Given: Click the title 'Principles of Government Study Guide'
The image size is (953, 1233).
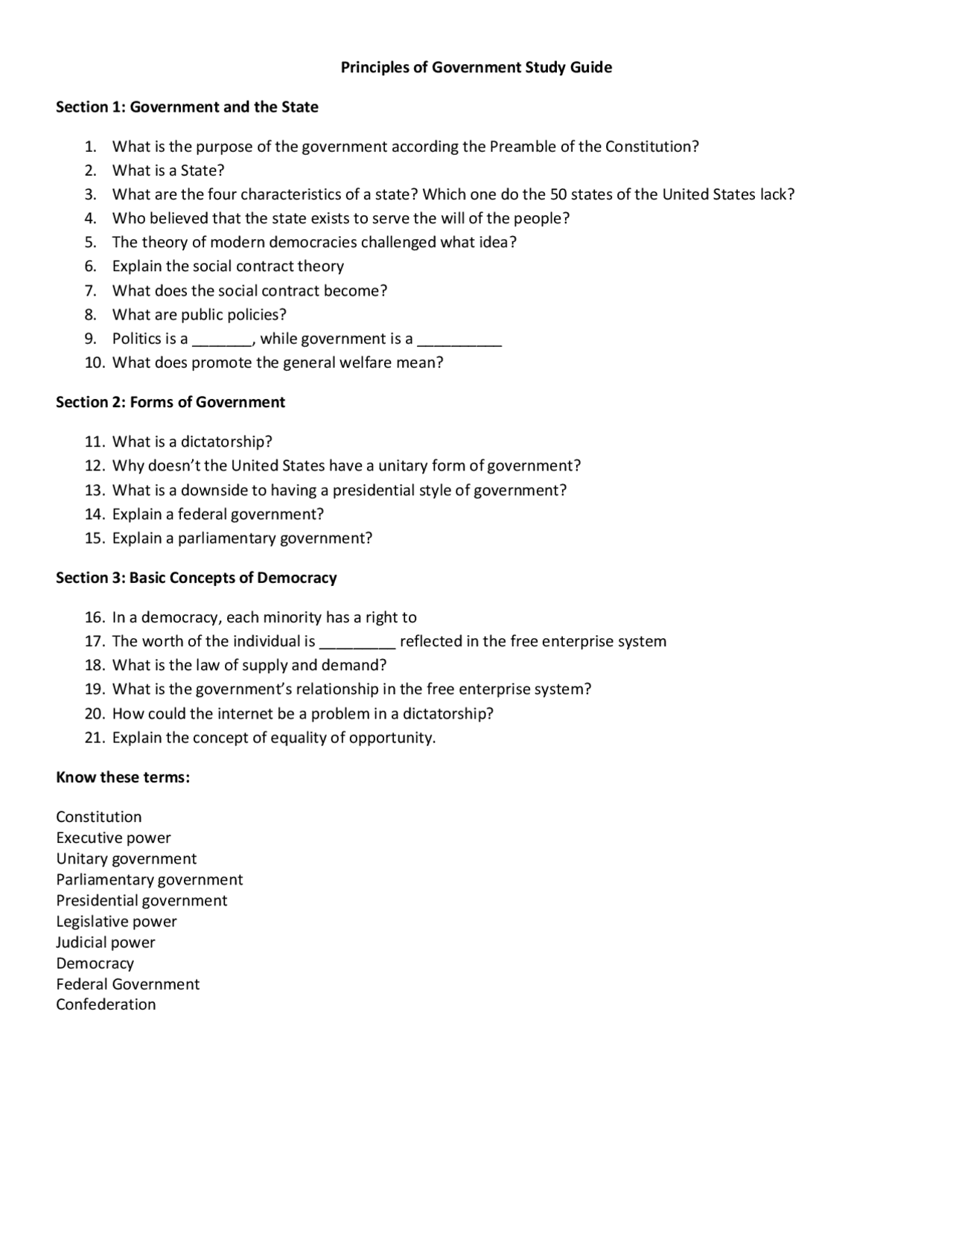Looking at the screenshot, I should click(476, 68).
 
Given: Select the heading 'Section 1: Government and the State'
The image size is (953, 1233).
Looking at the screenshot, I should click(187, 107).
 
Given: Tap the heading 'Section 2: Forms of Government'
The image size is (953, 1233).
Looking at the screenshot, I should click(170, 402).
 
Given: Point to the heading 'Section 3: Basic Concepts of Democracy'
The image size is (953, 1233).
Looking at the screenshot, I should click(196, 578).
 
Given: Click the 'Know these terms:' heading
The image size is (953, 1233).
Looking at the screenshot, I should click(123, 777).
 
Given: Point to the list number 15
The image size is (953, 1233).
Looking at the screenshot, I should click(94, 538).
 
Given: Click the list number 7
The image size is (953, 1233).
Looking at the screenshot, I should click(90, 290).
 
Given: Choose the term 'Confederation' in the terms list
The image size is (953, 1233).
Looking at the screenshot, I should click(106, 1004).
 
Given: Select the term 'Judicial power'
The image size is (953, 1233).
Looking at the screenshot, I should click(106, 943).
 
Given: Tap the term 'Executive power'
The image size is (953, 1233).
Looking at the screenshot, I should click(113, 838).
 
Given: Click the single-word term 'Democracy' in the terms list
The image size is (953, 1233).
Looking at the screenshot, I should click(95, 963).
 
